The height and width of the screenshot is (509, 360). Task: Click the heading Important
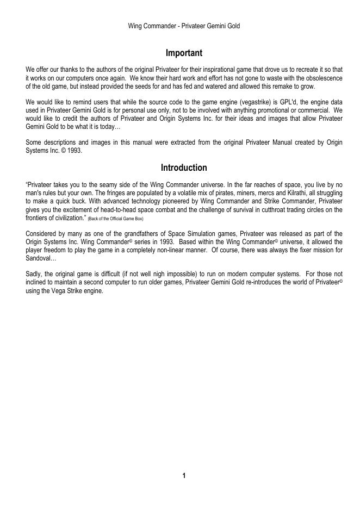point(184,53)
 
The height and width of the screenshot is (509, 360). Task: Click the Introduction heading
point(184,167)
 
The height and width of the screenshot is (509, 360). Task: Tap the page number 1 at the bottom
point(184,476)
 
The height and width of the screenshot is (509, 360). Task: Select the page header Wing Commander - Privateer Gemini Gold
point(184,26)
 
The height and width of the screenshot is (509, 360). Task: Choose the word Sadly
point(34,274)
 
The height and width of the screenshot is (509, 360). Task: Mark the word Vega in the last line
point(52,290)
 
